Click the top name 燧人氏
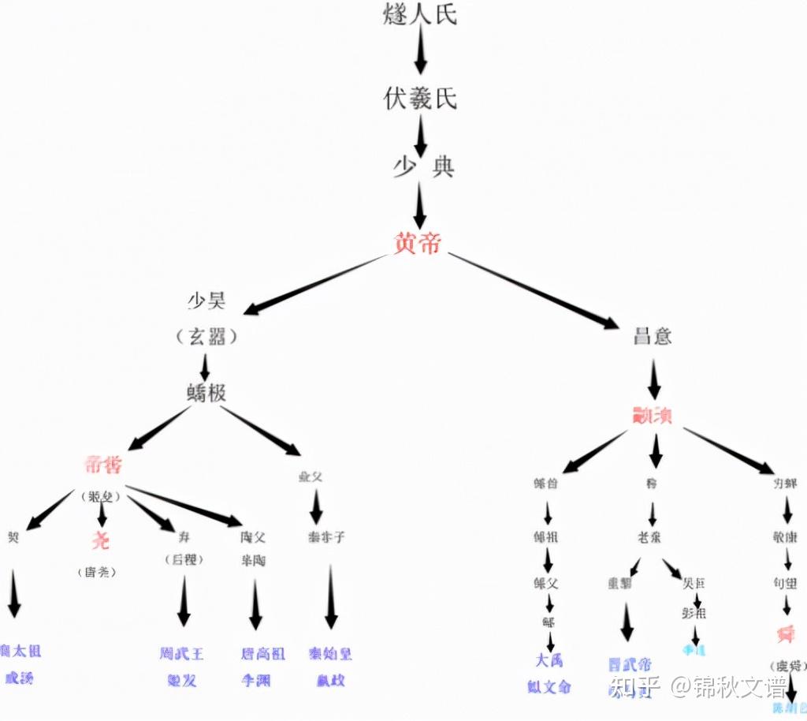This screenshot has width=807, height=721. pos(420,14)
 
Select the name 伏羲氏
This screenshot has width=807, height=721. pos(420,99)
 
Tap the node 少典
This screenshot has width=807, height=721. pos(423,167)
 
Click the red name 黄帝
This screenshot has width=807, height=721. pos(418,242)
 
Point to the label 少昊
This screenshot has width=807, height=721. pos(206,301)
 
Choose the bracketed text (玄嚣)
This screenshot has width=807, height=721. pos(206,338)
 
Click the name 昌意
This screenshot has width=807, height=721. pos(653,335)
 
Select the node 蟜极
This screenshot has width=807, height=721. pos(206,391)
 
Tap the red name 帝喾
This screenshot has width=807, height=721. pos(103,465)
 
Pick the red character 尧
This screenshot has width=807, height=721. pos(100,541)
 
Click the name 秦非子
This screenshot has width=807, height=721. pos(326,537)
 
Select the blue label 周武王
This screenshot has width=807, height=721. pos(181,653)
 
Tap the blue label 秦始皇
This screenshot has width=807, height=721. pos(331,653)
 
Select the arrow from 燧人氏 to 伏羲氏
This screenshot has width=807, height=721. pos(420,55)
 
